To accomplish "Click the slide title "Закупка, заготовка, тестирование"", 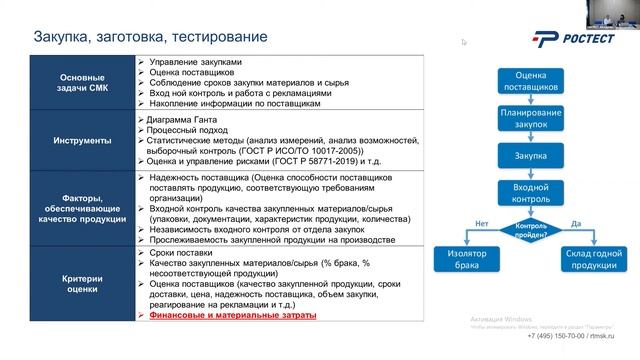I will coord(150,38).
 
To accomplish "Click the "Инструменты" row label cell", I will coord(82,140).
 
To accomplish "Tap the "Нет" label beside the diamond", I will coord(482,223).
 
